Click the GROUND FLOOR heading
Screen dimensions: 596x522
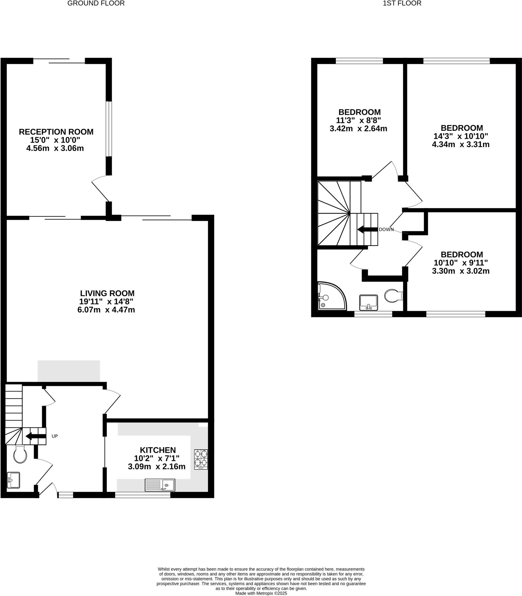coord(96,3)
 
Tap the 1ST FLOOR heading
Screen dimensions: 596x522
coord(402,3)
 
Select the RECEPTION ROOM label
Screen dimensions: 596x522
coord(56,132)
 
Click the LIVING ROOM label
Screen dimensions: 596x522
coord(107,293)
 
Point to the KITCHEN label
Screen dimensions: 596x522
coord(158,450)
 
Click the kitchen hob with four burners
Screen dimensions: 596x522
coord(201,459)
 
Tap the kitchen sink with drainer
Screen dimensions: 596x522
coord(160,485)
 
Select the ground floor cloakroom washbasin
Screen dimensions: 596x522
coord(13,480)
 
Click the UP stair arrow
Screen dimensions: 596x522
coord(36,436)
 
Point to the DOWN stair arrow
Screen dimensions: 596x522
coord(367,229)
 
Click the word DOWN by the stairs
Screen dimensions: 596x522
coord(386,230)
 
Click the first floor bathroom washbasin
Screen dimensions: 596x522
coord(368,303)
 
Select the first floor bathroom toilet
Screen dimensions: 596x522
coord(393,296)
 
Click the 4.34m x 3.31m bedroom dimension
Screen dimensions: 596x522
coord(461,144)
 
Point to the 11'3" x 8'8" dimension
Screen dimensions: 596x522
coord(358,120)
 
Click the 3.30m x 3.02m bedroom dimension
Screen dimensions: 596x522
coord(461,271)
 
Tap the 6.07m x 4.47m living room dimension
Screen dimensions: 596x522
coord(106,310)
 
